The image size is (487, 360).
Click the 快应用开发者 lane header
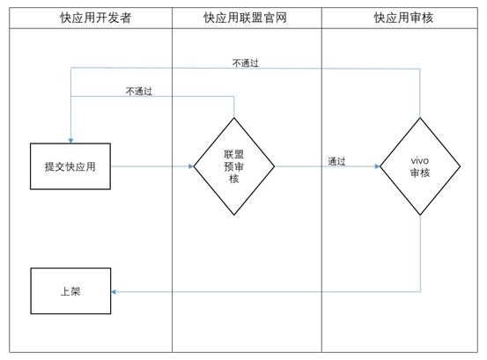92,18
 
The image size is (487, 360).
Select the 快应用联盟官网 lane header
246,18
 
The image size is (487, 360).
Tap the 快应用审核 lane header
403,18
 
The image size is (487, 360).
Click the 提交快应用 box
70,165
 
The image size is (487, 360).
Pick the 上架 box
70,291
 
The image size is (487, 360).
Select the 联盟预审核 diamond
234,165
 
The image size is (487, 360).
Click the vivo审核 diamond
420,165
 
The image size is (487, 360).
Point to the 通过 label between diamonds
336,161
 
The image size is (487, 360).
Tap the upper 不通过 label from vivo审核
245,63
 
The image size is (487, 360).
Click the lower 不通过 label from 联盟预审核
139,91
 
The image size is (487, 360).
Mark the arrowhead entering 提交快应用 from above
70,139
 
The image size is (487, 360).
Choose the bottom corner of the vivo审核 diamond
420,214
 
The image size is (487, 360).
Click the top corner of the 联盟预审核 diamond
234,115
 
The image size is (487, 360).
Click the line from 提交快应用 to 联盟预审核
150,165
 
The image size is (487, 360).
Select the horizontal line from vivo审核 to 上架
264,291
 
